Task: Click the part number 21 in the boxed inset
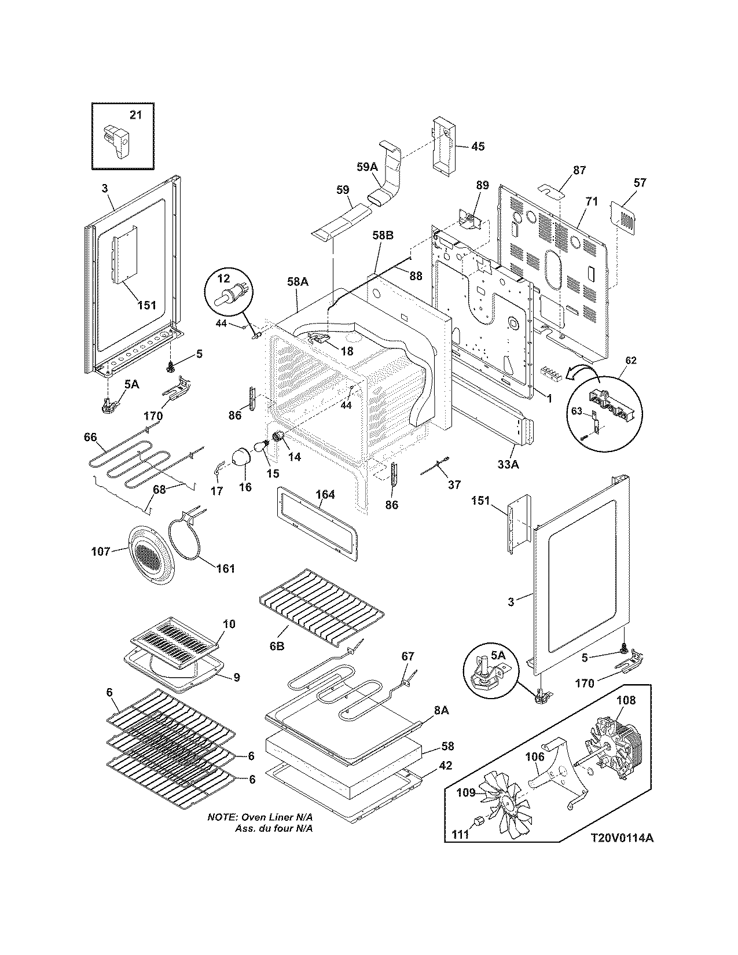135,115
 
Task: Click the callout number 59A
366,167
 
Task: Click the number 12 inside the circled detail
224,278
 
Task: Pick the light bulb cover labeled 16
239,457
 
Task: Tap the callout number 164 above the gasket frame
325,495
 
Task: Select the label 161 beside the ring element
225,568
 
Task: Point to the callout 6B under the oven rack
277,646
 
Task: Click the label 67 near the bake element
408,656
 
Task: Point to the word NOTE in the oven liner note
221,818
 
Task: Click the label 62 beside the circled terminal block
630,360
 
